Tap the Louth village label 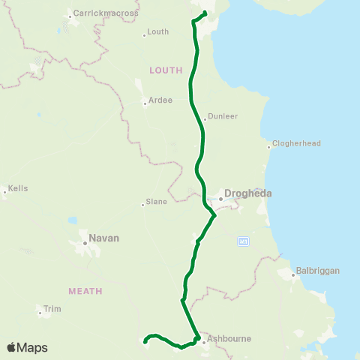click(158, 32)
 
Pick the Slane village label click(156, 202)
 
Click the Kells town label click(18, 188)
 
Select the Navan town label click(103, 239)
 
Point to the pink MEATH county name click(85, 290)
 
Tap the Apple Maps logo click(27, 347)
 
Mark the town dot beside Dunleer click(205, 118)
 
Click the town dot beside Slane click(143, 202)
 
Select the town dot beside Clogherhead click(269, 145)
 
